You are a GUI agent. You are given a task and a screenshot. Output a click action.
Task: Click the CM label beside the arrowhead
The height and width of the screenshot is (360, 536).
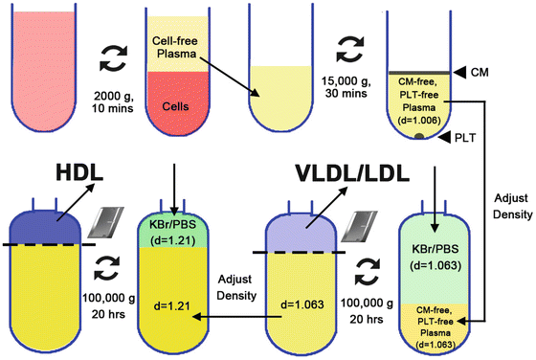pos(493,71)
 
